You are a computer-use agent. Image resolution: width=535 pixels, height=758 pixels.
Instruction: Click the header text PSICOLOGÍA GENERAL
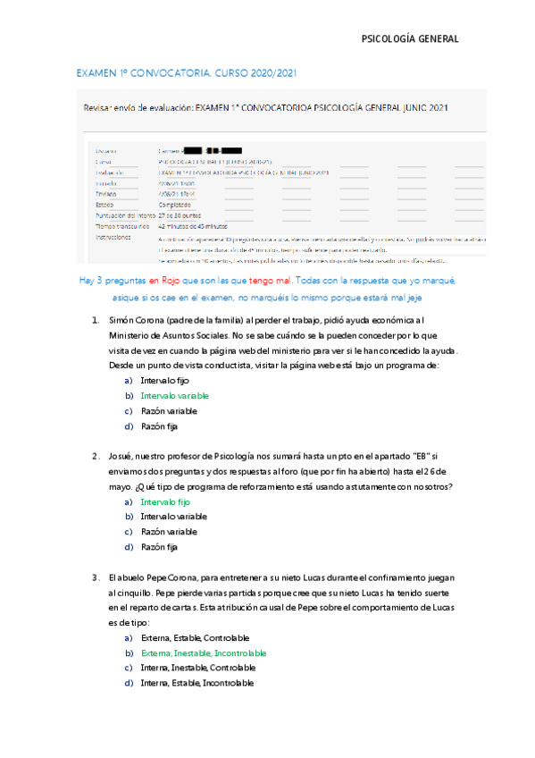(409, 39)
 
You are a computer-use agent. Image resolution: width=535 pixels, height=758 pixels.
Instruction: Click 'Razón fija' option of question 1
(160, 427)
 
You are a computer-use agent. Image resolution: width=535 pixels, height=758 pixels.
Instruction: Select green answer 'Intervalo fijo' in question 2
(165, 502)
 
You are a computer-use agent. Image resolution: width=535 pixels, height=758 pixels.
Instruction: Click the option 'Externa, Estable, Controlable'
(195, 638)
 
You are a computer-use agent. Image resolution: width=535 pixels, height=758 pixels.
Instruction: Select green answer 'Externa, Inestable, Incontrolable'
(203, 653)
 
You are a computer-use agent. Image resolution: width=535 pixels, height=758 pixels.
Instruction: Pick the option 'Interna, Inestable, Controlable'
(197, 669)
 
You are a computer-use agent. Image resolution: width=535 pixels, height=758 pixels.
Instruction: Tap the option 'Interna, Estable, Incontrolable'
(196, 684)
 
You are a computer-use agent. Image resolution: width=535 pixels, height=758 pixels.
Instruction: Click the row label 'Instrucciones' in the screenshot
(113, 239)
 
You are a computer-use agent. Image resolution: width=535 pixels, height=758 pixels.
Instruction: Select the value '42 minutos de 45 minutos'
(191, 227)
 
